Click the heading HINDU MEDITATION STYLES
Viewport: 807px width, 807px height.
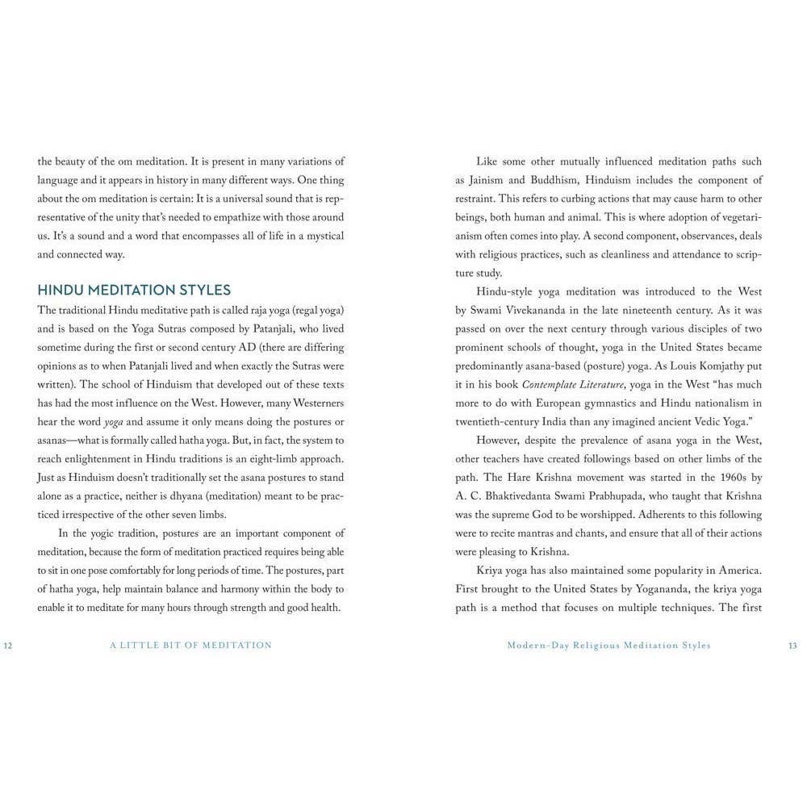point(134,290)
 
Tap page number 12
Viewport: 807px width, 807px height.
point(8,646)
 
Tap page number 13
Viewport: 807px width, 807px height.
point(792,646)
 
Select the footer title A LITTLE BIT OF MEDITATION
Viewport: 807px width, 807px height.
point(191,646)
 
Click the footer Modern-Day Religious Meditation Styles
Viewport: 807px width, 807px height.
point(609,646)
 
